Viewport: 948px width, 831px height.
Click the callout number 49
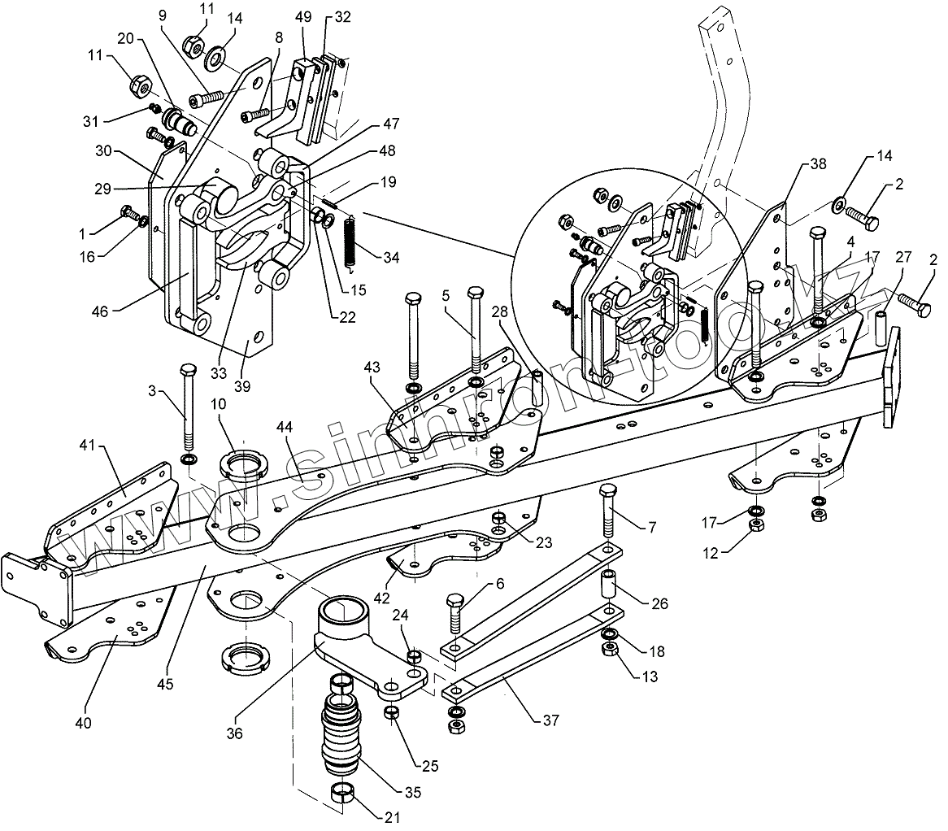point(303,17)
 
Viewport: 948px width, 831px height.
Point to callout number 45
point(165,684)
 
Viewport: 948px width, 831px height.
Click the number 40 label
point(84,723)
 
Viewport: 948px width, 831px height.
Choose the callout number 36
point(234,733)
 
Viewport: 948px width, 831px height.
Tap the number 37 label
point(550,720)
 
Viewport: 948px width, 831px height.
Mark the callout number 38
point(818,163)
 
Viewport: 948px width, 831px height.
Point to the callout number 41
point(88,445)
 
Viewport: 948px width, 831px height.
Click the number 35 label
point(413,792)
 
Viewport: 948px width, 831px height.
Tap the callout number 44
point(285,427)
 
